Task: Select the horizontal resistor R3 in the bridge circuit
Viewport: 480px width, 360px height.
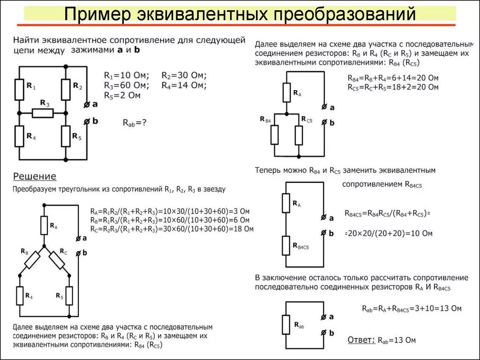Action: (x=43, y=113)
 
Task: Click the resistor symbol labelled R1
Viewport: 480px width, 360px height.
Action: (x=19, y=90)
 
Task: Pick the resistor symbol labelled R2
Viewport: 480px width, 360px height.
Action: (x=66, y=90)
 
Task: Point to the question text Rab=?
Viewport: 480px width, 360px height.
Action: (x=135, y=123)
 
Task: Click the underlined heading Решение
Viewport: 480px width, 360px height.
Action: (x=35, y=177)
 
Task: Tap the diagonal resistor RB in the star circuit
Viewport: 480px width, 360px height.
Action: (x=32, y=260)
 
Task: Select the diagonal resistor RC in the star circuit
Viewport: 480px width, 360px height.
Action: (x=57, y=260)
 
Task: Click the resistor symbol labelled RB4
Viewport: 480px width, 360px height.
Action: (x=275, y=135)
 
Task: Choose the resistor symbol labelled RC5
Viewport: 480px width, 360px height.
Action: (x=299, y=135)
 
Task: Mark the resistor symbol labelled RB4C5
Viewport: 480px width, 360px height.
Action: (x=287, y=245)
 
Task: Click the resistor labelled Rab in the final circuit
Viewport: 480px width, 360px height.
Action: (x=286, y=325)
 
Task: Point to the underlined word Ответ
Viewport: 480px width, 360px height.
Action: (x=361, y=340)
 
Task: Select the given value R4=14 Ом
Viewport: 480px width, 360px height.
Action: (x=183, y=85)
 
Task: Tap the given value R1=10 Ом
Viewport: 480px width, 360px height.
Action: (x=126, y=76)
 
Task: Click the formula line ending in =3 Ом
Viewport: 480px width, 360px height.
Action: (x=172, y=211)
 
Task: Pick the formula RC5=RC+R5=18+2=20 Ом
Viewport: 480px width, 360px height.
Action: (x=393, y=87)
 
